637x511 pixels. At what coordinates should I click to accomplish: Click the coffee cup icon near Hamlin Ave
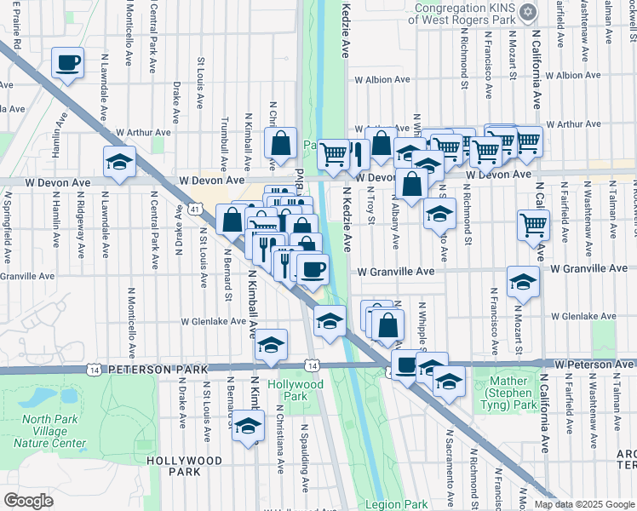pos(68,62)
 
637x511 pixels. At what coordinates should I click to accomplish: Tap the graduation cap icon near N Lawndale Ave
pos(120,161)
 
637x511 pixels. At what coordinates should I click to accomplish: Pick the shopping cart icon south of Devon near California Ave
pos(533,226)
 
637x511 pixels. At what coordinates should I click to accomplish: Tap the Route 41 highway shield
pos(195,208)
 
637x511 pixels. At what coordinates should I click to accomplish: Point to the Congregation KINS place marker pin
pos(528,13)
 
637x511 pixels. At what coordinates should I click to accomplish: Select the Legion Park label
pos(396,504)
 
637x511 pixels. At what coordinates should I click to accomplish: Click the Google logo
pos(29,501)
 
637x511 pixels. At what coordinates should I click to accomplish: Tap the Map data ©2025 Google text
pos(582,504)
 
